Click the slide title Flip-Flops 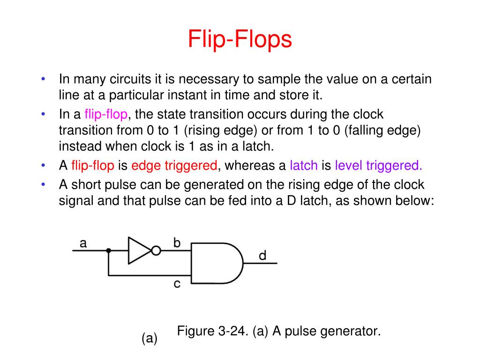pos(240,40)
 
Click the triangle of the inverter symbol pos(139,251)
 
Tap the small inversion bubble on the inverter pos(156,251)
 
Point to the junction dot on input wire pos(108,251)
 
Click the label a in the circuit pos(83,243)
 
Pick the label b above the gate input pos(177,242)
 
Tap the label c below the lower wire pos(177,284)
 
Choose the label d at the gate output pos(262,255)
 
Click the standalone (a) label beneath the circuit pos(150,338)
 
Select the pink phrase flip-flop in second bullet pos(106,114)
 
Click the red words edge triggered pos(174,165)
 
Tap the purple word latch pos(304,165)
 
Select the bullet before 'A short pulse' pos(43,184)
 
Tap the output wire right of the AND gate pos(260,263)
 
